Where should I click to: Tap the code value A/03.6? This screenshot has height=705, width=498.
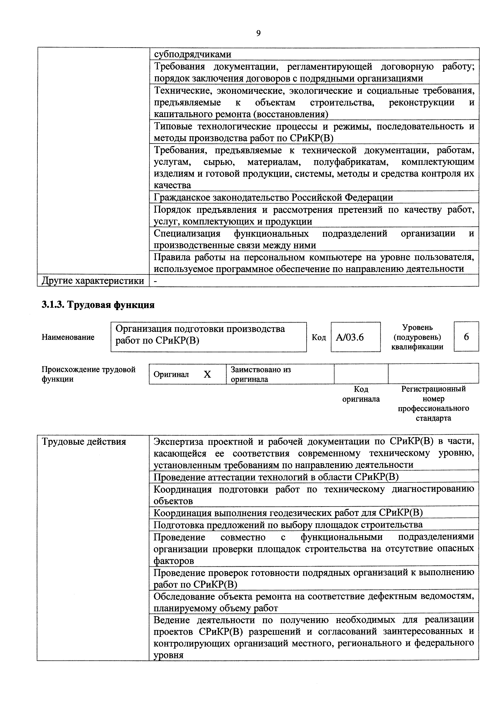tap(350, 337)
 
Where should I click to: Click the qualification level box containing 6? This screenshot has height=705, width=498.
tap(466, 337)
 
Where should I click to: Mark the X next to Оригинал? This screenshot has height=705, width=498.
tap(207, 374)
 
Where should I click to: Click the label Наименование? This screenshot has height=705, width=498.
tap(68, 337)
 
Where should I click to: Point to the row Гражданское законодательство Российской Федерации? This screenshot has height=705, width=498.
tap(273, 197)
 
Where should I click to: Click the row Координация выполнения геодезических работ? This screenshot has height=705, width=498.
tap(288, 513)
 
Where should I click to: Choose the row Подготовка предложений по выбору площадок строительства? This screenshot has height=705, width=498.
tap(288, 525)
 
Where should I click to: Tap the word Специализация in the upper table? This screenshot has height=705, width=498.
tap(187, 233)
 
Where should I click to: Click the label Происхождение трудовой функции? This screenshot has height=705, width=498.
tap(88, 374)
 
